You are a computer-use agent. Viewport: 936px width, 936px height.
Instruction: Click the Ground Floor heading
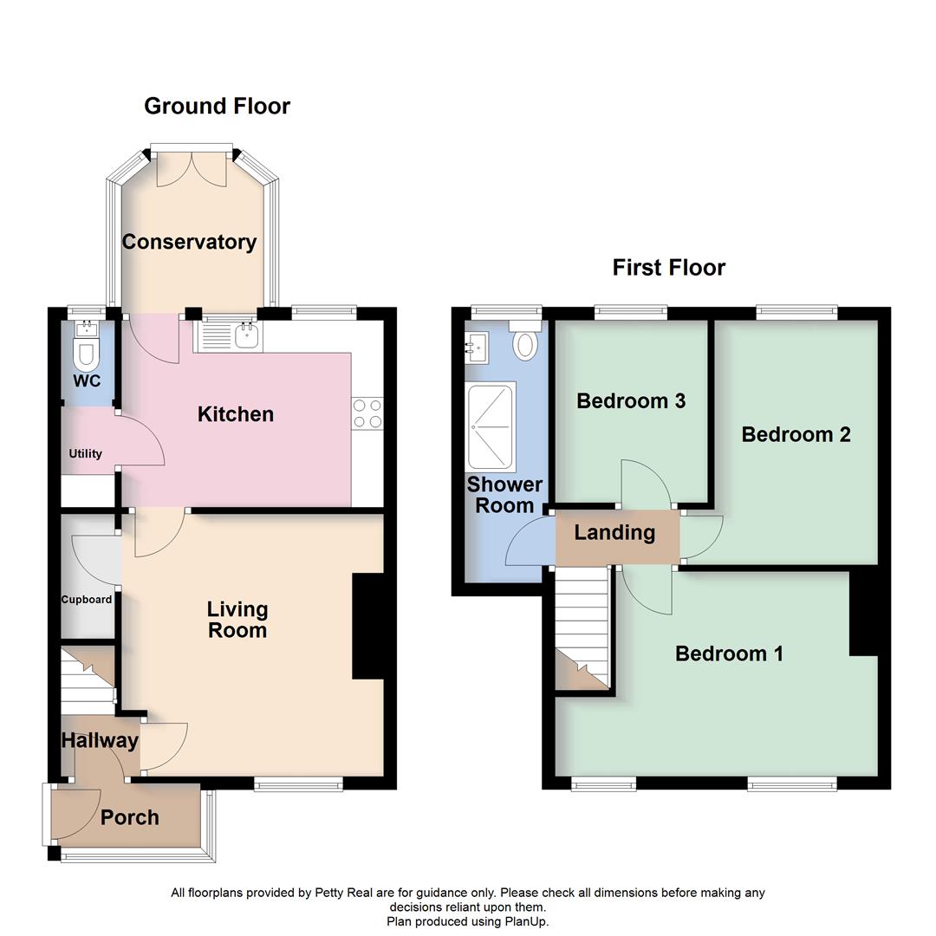[x=217, y=106]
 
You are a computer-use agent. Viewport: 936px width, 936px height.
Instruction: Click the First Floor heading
[x=668, y=267]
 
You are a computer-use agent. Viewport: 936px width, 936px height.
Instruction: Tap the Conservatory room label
[x=189, y=242]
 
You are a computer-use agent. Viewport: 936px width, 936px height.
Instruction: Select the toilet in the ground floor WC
[x=86, y=354]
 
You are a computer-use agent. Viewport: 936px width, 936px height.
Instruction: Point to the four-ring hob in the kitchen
[x=367, y=413]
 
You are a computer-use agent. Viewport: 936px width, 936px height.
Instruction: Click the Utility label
[x=85, y=453]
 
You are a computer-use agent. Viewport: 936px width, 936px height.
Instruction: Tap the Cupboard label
[x=86, y=599]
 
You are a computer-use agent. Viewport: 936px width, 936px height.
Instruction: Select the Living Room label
[x=237, y=620]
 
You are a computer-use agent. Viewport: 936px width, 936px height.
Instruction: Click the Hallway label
[x=99, y=740]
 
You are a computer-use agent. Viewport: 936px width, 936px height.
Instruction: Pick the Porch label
[x=129, y=817]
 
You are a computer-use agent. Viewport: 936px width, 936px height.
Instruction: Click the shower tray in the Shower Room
[x=491, y=426]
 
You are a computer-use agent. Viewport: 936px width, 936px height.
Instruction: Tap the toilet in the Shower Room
[x=524, y=342]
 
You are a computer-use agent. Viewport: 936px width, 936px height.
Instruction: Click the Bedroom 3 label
[x=631, y=400]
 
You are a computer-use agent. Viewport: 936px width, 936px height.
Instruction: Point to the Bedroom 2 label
[x=796, y=434]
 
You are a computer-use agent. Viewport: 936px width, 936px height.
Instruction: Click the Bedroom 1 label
[x=729, y=653]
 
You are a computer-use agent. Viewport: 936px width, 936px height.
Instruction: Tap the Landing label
[x=614, y=532]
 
